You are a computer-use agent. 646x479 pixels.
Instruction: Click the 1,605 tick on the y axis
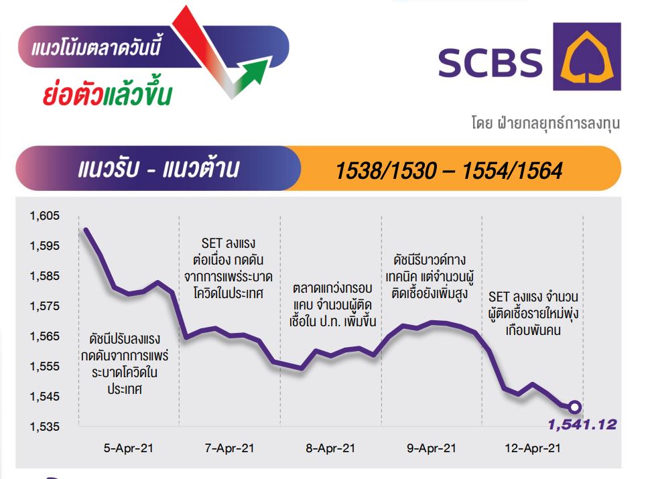[44, 216]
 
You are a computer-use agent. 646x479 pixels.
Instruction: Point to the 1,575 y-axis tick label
[44, 306]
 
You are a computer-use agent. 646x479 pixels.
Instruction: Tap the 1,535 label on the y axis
[44, 426]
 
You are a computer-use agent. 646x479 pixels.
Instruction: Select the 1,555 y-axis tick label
[44, 366]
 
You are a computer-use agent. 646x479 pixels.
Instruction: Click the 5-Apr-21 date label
[129, 448]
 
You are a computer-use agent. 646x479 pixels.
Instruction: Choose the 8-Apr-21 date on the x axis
[330, 448]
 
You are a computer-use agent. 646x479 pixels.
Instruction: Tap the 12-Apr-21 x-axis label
[533, 448]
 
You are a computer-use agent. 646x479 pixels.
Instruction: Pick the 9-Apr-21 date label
[432, 448]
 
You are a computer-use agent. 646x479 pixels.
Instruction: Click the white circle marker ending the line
[575, 407]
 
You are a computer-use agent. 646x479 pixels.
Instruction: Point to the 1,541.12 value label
[582, 425]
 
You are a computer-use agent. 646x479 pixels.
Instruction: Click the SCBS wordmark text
[491, 62]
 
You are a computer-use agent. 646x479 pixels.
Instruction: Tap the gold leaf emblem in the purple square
[587, 56]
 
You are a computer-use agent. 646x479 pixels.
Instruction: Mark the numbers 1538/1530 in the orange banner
[386, 171]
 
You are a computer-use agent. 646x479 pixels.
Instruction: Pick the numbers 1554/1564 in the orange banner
[512, 171]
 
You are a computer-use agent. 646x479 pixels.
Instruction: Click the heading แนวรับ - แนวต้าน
[159, 169]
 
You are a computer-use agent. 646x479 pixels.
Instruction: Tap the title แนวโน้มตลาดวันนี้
[96, 46]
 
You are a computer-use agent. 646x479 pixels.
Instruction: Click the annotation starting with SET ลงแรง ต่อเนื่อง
[229, 268]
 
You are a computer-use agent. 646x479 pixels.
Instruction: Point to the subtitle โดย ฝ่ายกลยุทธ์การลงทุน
[545, 123]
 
